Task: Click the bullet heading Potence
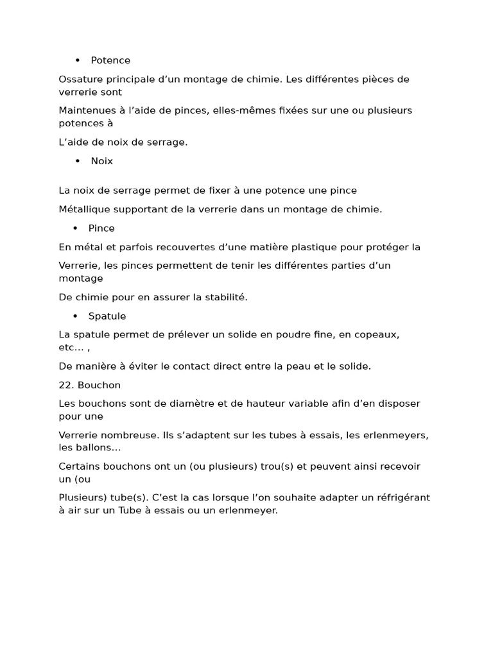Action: point(110,60)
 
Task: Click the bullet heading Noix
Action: point(101,161)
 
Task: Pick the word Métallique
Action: point(83,209)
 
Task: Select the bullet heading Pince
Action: point(101,228)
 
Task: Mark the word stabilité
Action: point(225,297)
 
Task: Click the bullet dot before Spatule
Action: point(75,316)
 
